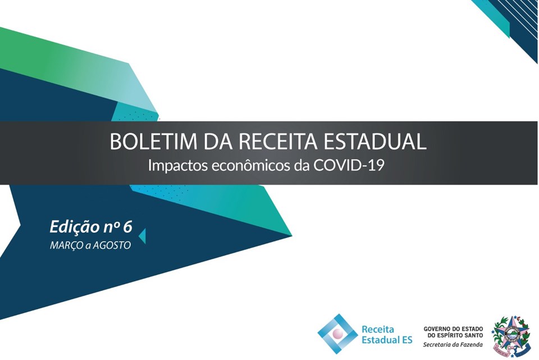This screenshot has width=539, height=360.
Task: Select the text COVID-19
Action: tap(349, 166)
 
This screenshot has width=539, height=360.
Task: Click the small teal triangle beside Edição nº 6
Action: tap(142, 236)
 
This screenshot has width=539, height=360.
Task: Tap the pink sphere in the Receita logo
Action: tap(338, 333)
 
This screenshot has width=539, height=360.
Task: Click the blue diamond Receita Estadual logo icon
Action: tap(338, 334)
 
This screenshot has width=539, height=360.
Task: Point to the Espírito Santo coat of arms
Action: tap(511, 335)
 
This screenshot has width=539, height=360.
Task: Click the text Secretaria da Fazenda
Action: tap(453, 344)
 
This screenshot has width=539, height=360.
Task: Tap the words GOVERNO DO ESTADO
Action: tap(453, 329)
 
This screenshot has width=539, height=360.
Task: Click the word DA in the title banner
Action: tap(218, 141)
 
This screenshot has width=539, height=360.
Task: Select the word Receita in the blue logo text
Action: tap(377, 330)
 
